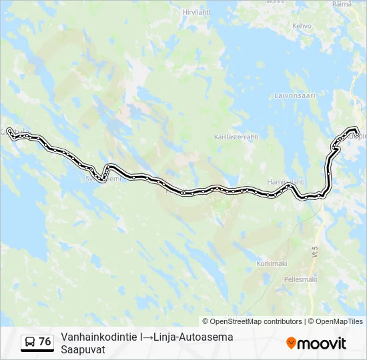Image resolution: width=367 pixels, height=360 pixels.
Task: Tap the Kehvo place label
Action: tap(302, 26)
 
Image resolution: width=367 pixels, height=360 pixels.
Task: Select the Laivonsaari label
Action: tap(294, 95)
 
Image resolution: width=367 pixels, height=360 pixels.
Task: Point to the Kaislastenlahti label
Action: tap(236, 137)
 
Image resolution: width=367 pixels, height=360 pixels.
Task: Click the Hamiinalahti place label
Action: tap(286, 181)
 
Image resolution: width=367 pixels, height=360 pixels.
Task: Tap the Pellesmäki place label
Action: tap(300, 279)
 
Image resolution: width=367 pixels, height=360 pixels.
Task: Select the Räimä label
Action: tap(342, 4)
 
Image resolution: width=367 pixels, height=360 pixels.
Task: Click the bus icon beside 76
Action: tap(30, 342)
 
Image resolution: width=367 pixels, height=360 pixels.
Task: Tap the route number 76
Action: tap(45, 342)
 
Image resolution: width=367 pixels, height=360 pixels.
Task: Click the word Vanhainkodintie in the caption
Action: tap(99, 337)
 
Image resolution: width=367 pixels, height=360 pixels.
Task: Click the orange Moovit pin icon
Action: tap(291, 343)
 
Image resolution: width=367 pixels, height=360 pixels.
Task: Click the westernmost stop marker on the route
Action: tap(9, 131)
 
